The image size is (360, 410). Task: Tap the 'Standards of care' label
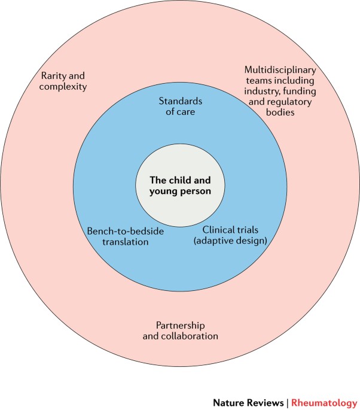pyautogui.click(x=180, y=106)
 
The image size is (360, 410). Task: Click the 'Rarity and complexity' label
pyautogui.click(x=64, y=81)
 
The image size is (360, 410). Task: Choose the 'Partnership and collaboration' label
pyautogui.click(x=180, y=330)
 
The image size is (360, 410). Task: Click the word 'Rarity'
pyautogui.click(x=53, y=76)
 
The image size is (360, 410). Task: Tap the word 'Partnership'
pyautogui.click(x=180, y=325)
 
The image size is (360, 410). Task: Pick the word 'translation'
pyautogui.click(x=117, y=241)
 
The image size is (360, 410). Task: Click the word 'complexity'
pyautogui.click(x=64, y=87)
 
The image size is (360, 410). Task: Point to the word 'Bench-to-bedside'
pyautogui.click(x=117, y=230)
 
